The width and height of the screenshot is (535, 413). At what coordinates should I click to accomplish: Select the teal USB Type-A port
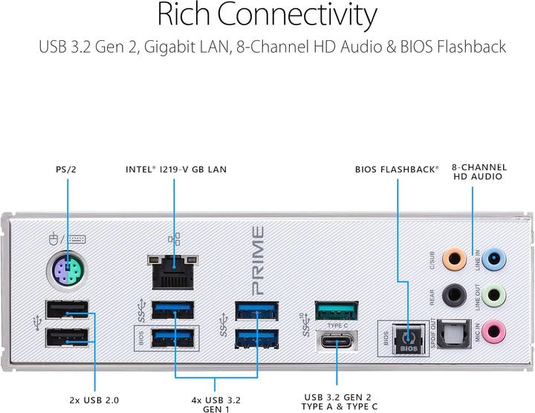tap(336, 310)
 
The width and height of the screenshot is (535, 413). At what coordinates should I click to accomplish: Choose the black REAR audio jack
tap(452, 295)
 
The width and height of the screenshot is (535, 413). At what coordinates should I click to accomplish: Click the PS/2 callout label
tap(66, 169)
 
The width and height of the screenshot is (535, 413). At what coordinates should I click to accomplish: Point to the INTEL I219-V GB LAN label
tap(176, 169)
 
